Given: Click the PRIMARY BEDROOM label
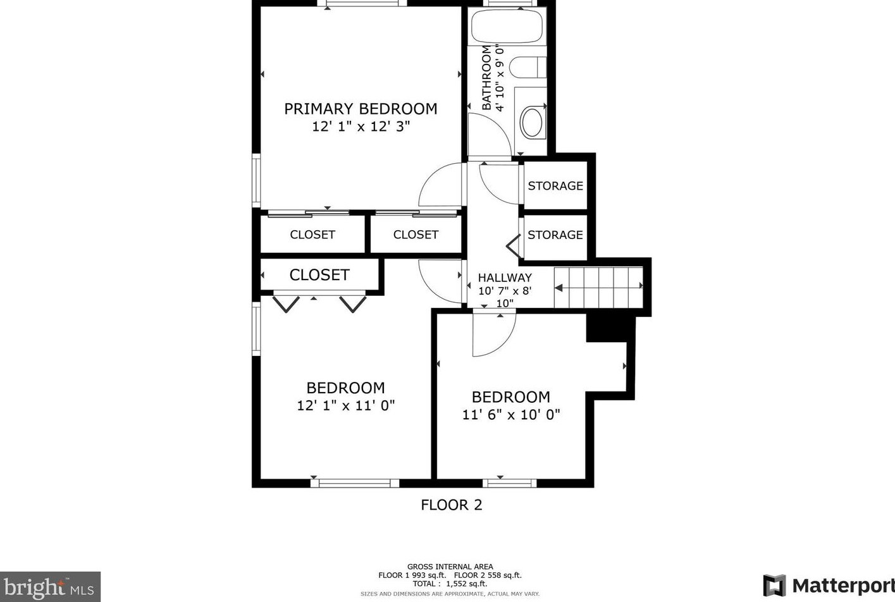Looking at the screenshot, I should pos(361,109).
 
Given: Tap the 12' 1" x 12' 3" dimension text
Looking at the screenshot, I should pos(361,126).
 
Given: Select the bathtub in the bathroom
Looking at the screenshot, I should pos(507,26).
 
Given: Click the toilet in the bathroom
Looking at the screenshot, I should pos(526,67).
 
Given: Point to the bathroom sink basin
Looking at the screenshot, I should pos(532,123).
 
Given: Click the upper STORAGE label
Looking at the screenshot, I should pos(555,186).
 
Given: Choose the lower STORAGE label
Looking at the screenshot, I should pos(555,235).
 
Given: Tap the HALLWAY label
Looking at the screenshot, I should pos(505,278).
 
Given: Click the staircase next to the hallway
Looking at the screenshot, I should pos(598,287).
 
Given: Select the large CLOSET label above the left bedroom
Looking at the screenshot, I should pos(319,275).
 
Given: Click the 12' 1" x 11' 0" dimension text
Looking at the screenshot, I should pos(346,405).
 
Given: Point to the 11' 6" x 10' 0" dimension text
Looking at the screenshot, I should pos(511,415).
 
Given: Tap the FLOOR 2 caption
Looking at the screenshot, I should pos(452,505).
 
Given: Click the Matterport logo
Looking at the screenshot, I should pos(829,586).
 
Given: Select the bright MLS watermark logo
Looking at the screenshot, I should pos(50,587).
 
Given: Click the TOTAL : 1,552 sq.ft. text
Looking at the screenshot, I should pos(450,584).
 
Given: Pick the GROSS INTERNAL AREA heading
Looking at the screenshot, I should pos(450,567).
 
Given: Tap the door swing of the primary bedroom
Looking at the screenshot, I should pos(441,185).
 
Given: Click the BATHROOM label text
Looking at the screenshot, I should pos(486,78).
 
